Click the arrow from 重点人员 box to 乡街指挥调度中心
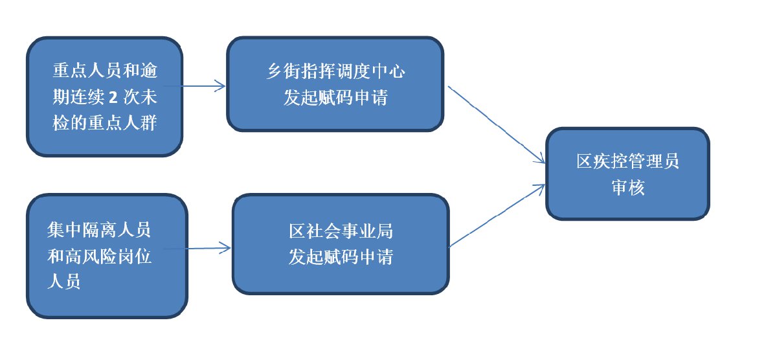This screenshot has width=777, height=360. coord(194,85)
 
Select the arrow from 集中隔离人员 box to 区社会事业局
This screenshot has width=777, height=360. coord(197,247)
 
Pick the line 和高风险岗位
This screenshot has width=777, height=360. coord(100,256)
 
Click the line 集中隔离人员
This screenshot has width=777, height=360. coord(100,230)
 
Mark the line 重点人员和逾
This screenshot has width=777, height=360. coord(104,71)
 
